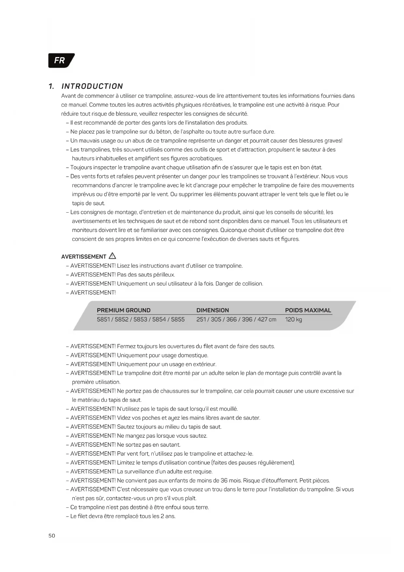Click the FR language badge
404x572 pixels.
61,61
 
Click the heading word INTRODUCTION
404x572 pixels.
92,86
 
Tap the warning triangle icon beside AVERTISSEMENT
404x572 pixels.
112,256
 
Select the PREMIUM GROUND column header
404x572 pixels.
124,310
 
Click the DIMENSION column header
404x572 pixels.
213,310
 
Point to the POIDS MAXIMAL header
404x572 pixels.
308,310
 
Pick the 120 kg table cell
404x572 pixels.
293,319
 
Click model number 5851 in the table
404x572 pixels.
103,319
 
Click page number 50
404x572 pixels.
52,535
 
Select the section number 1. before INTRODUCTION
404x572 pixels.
51,86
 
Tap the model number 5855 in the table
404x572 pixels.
178,319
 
